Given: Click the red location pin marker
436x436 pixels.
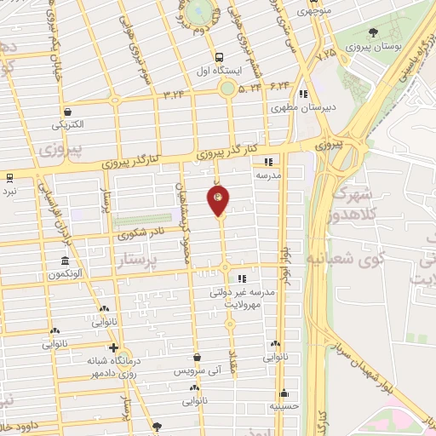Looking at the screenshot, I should click(x=219, y=202).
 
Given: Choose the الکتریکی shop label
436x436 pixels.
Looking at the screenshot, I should click(x=68, y=125).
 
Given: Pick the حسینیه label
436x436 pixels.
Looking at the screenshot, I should click(x=284, y=407).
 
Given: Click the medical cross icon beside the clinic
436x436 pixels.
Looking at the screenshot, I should click(x=112, y=347).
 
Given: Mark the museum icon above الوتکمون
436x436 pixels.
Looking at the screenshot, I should click(x=65, y=261).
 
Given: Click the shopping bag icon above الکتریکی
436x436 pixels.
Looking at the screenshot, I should click(x=67, y=111).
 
